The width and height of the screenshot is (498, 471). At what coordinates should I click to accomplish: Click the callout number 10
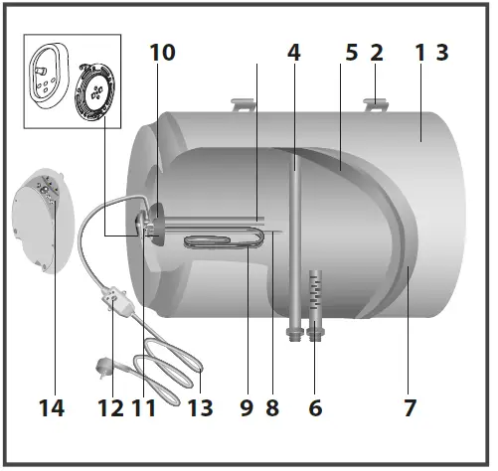click(x=162, y=53)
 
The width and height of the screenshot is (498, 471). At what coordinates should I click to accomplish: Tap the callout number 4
click(x=294, y=53)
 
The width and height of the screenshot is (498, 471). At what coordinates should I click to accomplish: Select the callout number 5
click(x=351, y=53)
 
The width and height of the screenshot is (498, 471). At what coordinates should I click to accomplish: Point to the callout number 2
click(x=377, y=53)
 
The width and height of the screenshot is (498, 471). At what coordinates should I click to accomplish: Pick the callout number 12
click(x=111, y=406)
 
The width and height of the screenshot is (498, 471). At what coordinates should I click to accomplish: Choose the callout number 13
click(x=199, y=406)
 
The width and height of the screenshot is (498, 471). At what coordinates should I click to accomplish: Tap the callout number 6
click(x=316, y=406)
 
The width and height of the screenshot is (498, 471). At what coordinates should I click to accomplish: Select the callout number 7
click(x=409, y=406)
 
